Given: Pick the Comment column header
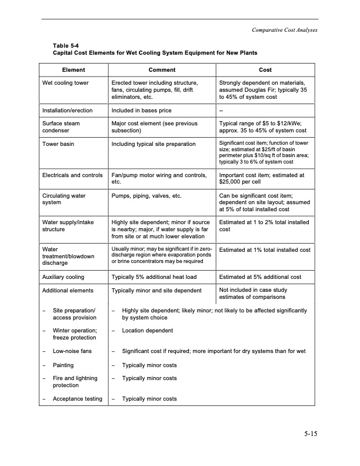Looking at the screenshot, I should pos(162,69).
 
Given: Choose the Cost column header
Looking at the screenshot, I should pos(265,69).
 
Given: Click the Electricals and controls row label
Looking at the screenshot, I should pos(73,175).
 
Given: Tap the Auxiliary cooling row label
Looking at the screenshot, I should pos(63,277).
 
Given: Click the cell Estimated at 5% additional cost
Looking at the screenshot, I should pos(260,277).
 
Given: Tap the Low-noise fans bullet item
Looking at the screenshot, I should pos(73,351).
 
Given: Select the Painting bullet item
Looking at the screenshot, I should pos(63,365).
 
